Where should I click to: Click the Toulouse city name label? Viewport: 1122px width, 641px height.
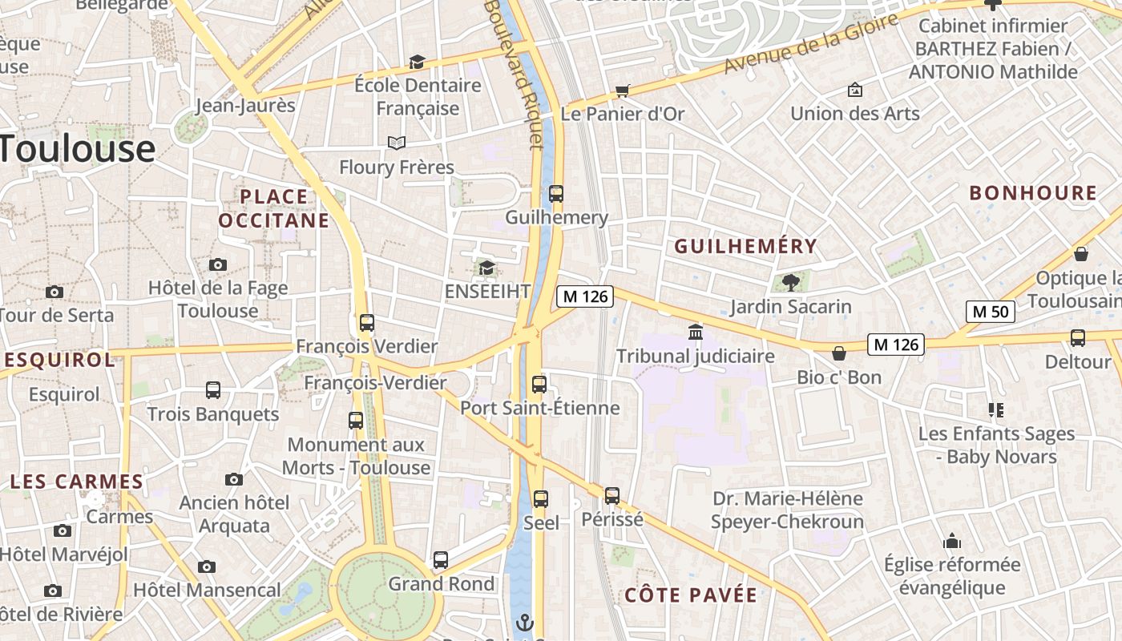tap(78, 149)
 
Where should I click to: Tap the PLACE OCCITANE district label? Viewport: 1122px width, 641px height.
tap(274, 208)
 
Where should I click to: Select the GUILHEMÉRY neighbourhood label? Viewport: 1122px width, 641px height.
tap(745, 247)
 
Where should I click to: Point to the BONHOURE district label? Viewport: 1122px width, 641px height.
tap(1033, 193)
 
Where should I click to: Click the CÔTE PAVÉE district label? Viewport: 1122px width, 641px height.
tap(690, 595)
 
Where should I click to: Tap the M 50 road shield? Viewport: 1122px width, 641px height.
tap(991, 312)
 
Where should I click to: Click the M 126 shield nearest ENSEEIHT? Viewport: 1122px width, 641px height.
tap(585, 296)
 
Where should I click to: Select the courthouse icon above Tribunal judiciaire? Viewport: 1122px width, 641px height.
tap(696, 332)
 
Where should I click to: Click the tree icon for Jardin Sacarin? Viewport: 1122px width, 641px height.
tap(791, 282)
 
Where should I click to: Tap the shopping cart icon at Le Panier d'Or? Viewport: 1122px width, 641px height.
tap(622, 91)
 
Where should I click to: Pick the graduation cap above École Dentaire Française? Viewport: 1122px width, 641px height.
tap(417, 62)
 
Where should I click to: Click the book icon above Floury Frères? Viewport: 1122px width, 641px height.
tap(396, 143)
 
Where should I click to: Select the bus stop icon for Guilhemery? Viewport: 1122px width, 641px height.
tap(556, 193)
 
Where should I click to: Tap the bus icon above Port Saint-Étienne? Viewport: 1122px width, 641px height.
tap(539, 384)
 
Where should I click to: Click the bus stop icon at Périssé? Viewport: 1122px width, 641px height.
tap(612, 495)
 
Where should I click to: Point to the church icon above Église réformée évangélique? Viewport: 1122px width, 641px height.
tap(952, 541)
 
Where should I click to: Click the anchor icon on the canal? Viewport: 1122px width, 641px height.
tap(524, 622)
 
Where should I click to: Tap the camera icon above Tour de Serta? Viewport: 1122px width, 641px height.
tap(54, 292)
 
